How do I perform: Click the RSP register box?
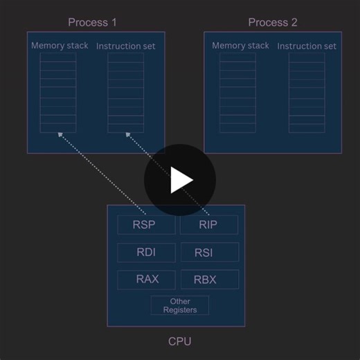click(x=146, y=224)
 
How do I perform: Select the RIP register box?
click(x=209, y=224)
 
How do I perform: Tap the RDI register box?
click(x=146, y=252)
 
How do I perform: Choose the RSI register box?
click(x=209, y=252)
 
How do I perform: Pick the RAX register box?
click(x=146, y=280)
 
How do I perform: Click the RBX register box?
click(x=209, y=280)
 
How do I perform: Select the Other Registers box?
click(x=180, y=305)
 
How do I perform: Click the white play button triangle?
click(x=181, y=180)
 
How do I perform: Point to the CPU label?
click(x=180, y=341)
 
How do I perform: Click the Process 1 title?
click(x=93, y=22)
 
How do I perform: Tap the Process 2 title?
click(x=273, y=22)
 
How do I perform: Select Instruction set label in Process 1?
click(x=126, y=46)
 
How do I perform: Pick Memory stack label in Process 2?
click(x=240, y=46)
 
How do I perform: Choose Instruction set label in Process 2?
click(x=307, y=46)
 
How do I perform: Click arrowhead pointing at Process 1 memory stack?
click(x=60, y=137)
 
